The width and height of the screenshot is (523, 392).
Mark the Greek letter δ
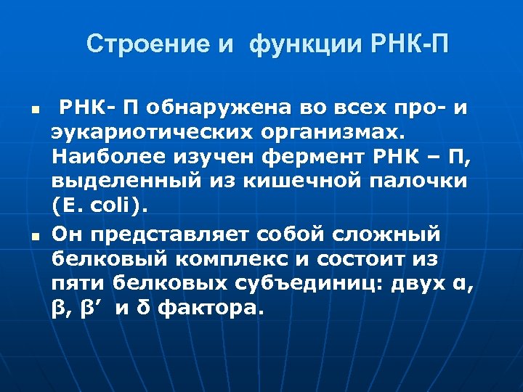tap(142, 309)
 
